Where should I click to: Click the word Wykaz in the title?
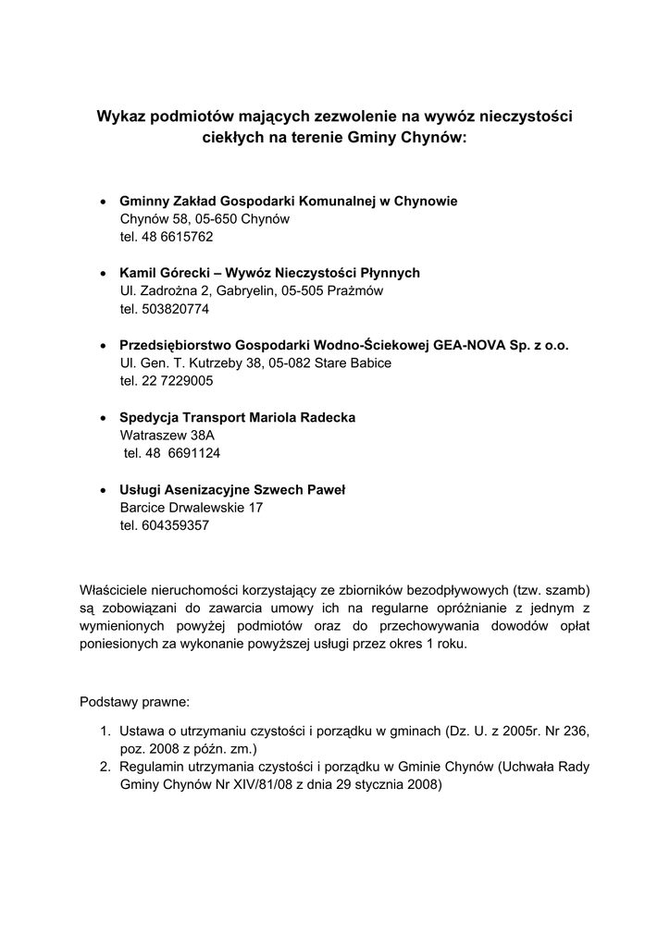[x=122, y=117]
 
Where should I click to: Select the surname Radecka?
[x=324, y=417]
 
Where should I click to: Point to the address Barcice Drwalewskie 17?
[x=192, y=508]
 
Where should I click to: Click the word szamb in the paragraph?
[x=565, y=590]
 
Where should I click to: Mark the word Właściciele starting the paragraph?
[x=115, y=590]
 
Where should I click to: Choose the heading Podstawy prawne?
[x=133, y=702]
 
